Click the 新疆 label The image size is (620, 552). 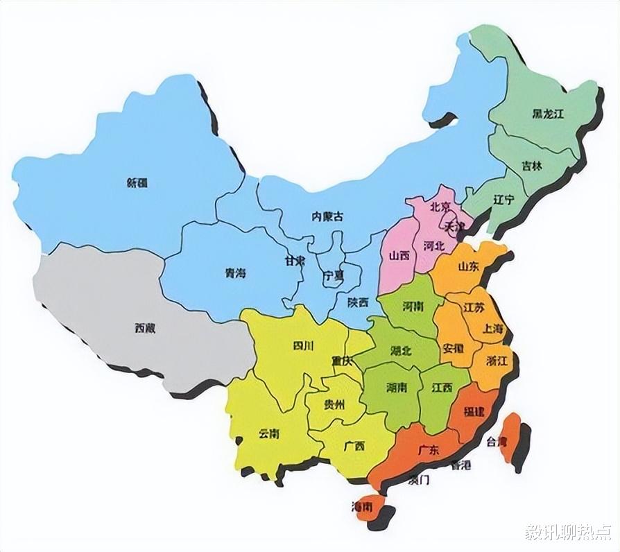[x=137, y=183]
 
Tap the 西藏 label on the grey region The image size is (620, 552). [x=145, y=328]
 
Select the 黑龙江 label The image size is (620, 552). [x=548, y=114]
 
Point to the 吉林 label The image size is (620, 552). [x=532, y=166]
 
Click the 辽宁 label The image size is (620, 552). [x=503, y=200]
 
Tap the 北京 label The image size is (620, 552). [x=440, y=207]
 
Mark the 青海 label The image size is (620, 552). [x=235, y=273]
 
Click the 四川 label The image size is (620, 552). [x=303, y=345]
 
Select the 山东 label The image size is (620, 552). [x=468, y=266]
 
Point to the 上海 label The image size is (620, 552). [x=494, y=329]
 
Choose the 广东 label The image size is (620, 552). [x=429, y=450]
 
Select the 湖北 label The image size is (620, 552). [x=401, y=351]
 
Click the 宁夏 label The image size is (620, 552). [x=333, y=275]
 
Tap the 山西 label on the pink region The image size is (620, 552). [x=399, y=256]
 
